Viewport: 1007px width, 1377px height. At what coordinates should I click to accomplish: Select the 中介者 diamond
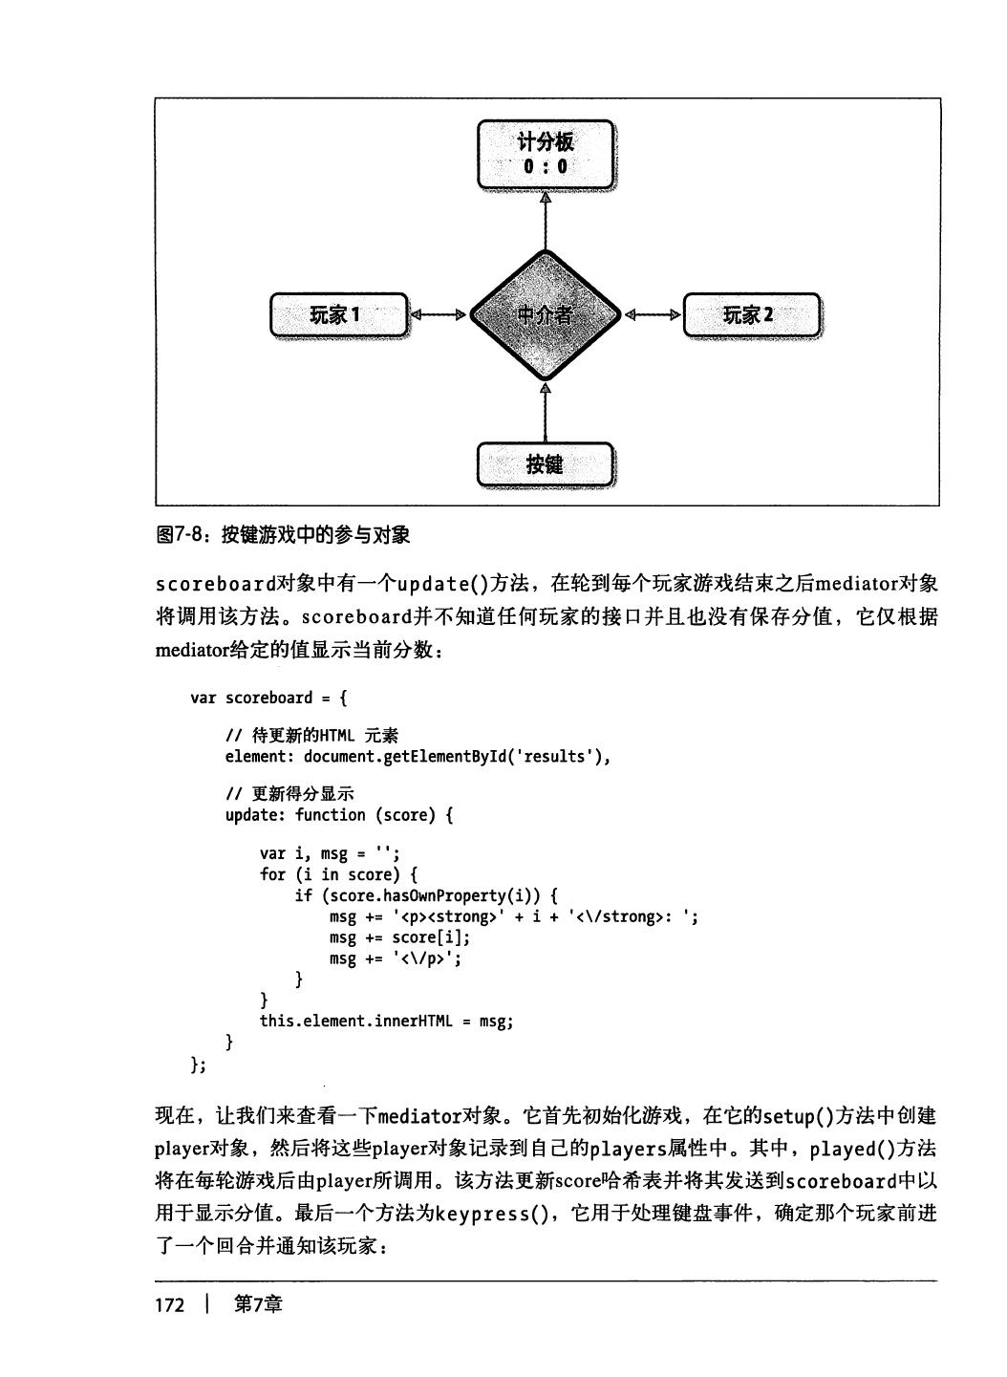pos(545,314)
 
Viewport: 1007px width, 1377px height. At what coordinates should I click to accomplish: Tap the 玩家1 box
pos(338,314)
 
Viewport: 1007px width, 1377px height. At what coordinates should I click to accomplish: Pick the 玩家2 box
pos(751,314)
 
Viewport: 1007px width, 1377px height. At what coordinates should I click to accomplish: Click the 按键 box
pos(545,464)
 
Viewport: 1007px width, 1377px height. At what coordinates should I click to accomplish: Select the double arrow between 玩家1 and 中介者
pos(439,314)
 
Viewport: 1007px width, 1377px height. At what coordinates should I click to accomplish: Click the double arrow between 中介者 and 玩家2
pos(653,314)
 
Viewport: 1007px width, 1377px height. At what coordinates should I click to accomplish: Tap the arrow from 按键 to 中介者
pos(545,412)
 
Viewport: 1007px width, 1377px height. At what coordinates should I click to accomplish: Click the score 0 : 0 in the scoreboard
pos(545,166)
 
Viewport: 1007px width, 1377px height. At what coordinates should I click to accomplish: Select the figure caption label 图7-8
pos(181,535)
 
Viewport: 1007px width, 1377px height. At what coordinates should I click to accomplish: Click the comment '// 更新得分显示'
pos(289,794)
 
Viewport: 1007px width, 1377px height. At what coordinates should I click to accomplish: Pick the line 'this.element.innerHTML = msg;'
pos(386,1021)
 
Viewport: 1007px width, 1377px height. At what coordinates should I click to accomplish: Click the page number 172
pos(169,1305)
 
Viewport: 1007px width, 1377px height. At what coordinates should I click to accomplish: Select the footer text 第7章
pos(258,1305)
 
